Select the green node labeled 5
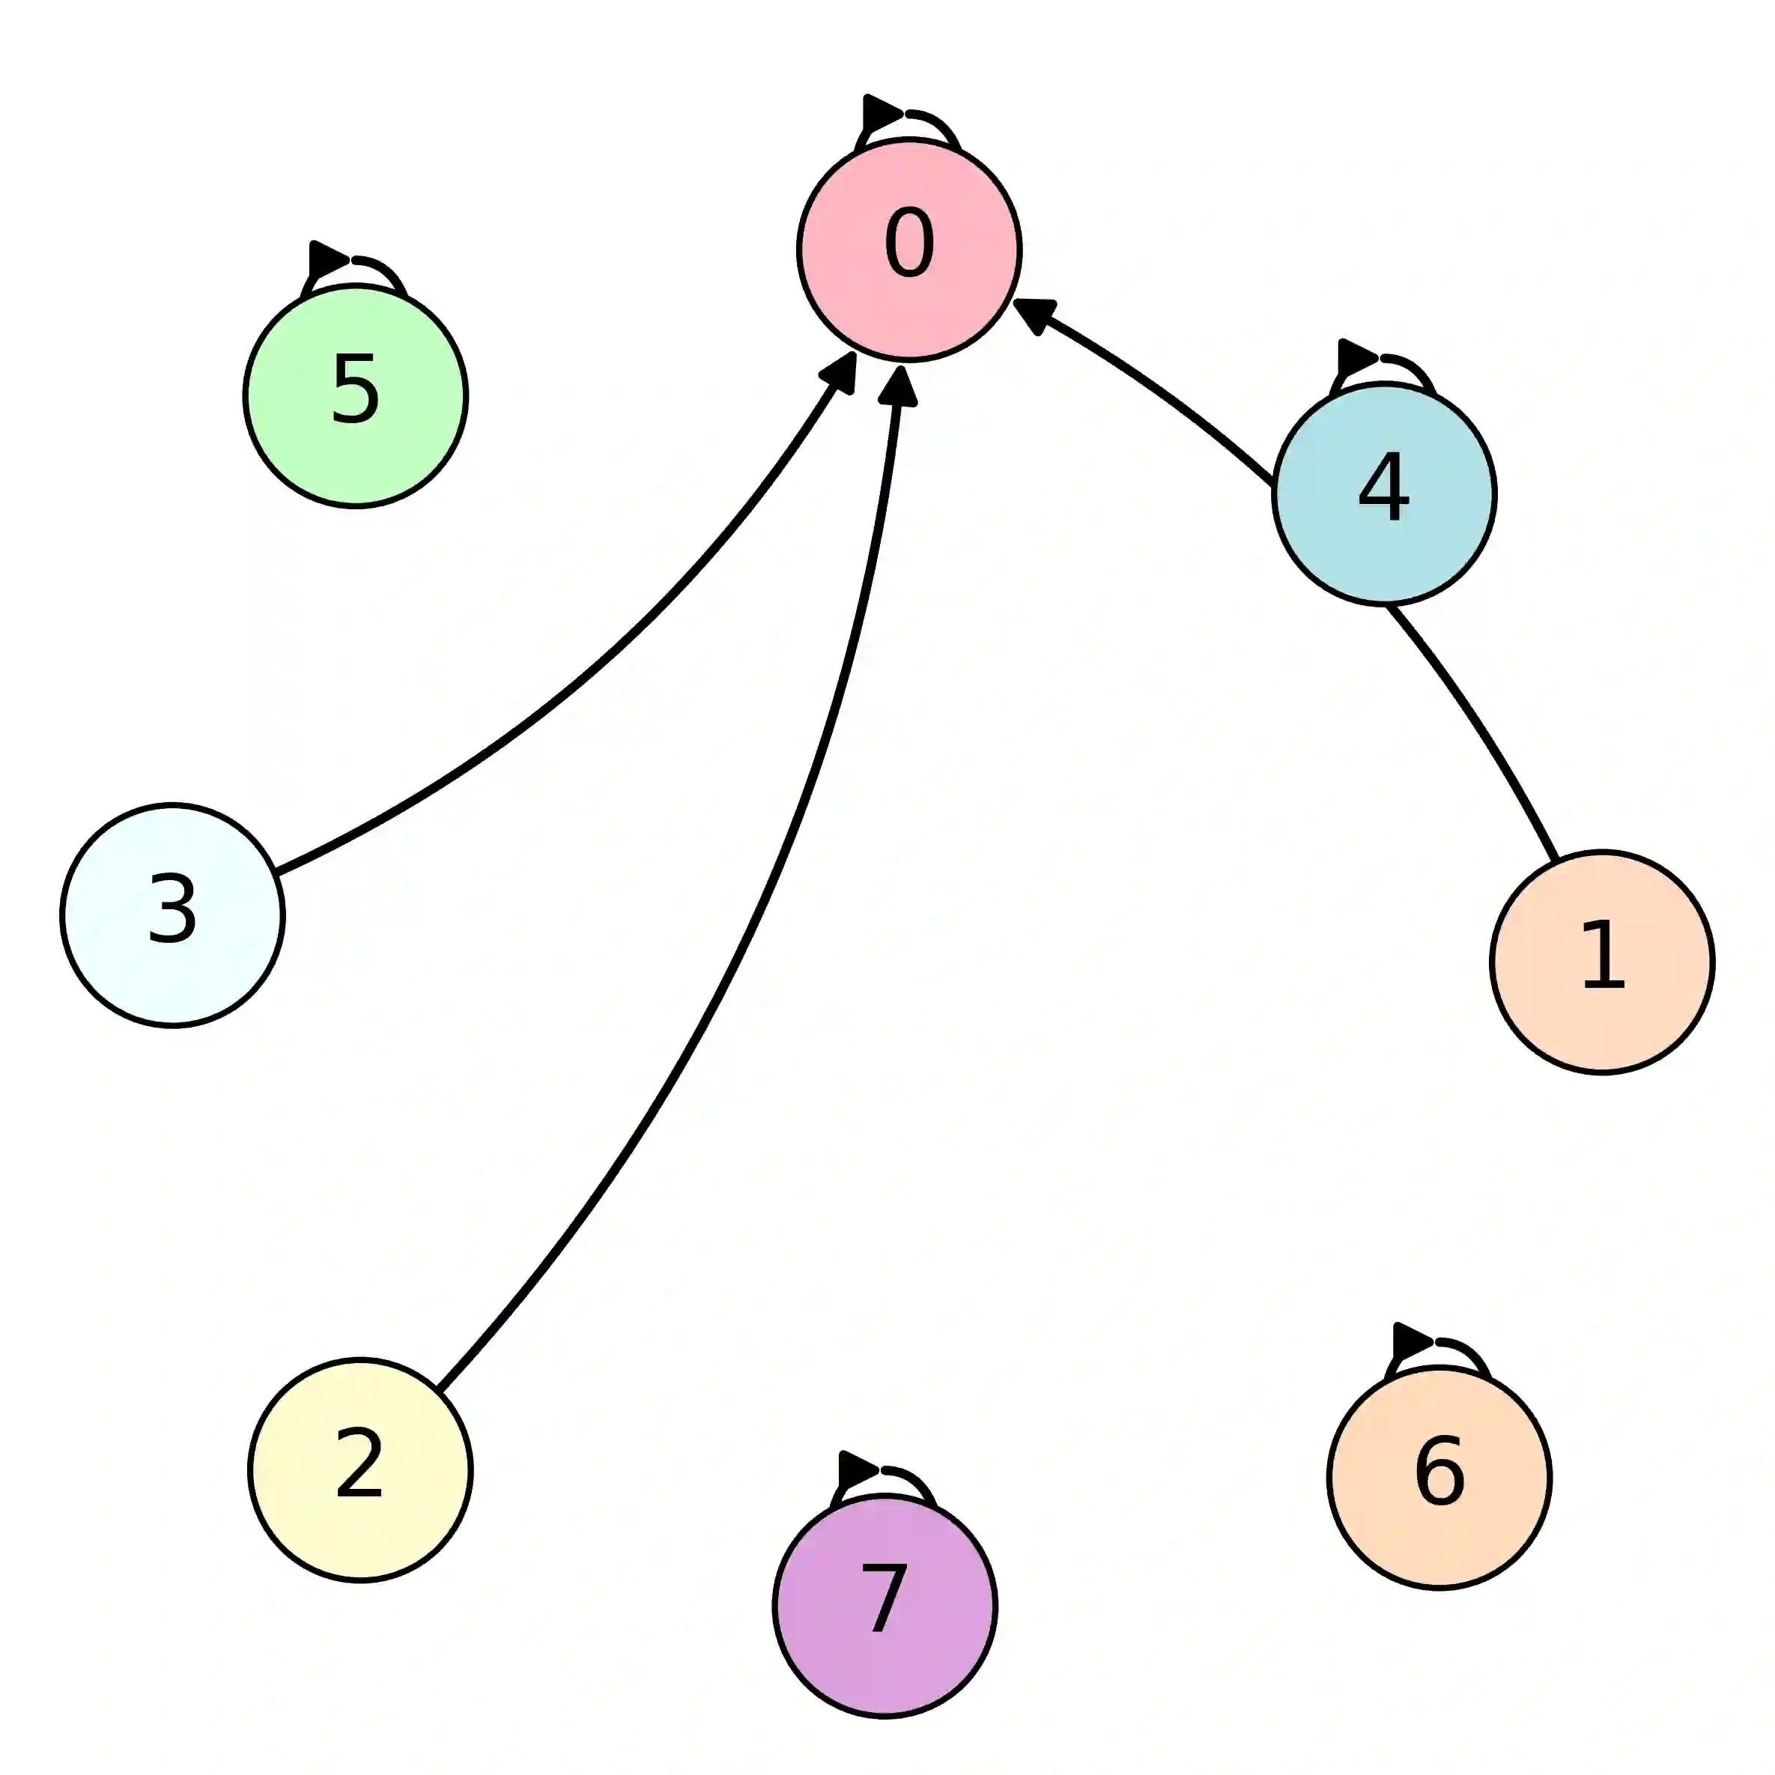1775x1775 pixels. coord(356,396)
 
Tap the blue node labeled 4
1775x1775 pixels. coord(1383,494)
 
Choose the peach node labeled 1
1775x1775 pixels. coord(1602,962)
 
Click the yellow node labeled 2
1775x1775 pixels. coord(360,1470)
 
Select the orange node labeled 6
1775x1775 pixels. coord(1439,1478)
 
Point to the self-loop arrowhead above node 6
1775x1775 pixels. coord(1410,1343)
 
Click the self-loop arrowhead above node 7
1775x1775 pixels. coord(856,1471)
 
